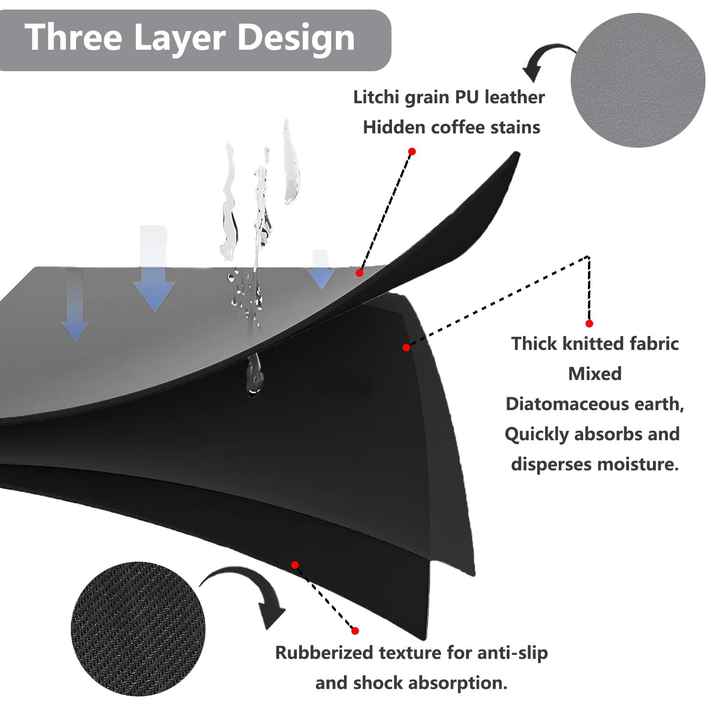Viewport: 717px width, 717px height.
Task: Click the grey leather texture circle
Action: pos(638,80)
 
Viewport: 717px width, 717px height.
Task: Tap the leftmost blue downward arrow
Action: pos(75,306)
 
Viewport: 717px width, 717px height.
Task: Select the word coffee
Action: pos(460,128)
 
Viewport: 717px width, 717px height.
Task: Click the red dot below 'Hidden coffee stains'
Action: pos(412,152)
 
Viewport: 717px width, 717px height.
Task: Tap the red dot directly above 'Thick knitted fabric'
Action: pos(589,324)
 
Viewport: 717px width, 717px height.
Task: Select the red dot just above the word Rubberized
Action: pos(355,631)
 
